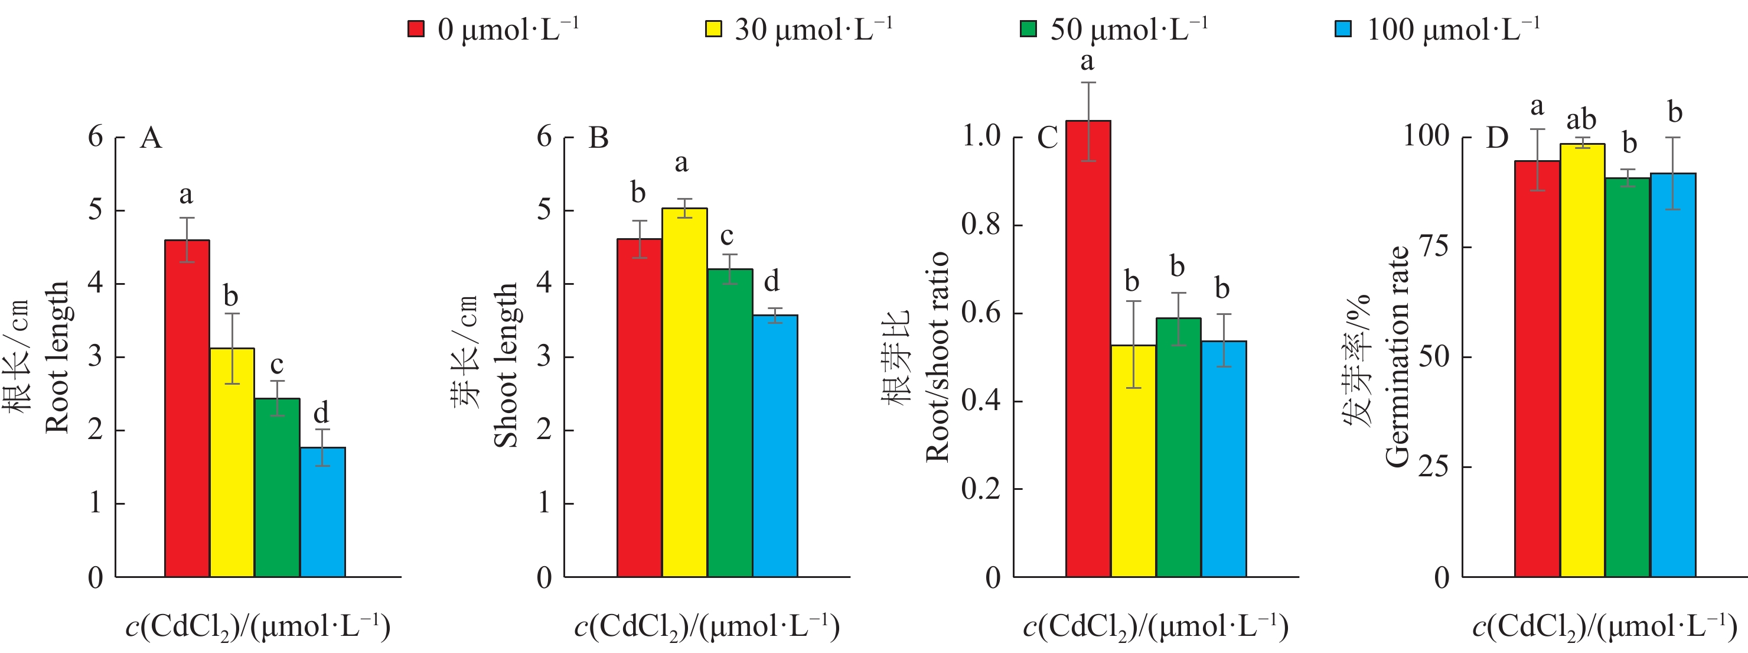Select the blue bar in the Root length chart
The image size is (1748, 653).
[323, 512]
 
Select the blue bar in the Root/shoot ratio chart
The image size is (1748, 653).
[1224, 459]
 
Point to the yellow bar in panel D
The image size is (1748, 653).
[1583, 360]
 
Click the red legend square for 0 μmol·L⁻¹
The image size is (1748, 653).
[415, 29]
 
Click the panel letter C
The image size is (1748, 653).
[1047, 138]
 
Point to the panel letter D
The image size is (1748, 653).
[1497, 138]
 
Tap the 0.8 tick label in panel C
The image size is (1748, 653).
[981, 224]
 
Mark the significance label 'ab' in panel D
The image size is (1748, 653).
[1581, 120]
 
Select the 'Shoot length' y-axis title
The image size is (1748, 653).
[506, 365]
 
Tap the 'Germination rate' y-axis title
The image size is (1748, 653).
[1397, 357]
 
